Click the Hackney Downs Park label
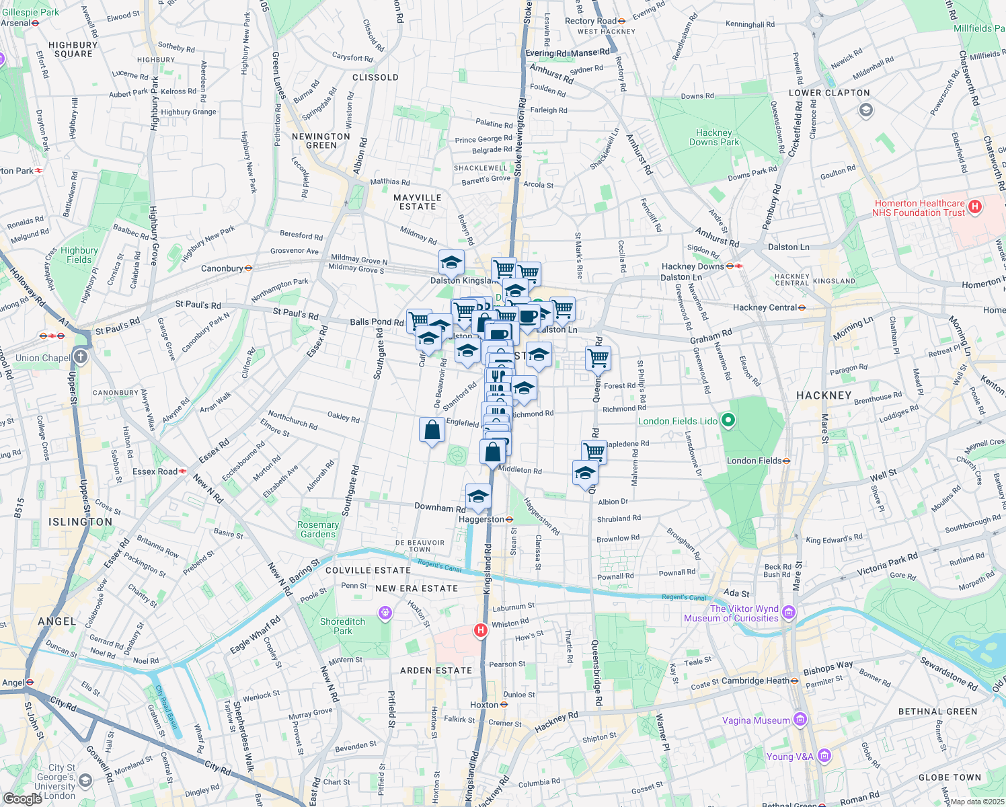point(713,137)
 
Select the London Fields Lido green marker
point(728,421)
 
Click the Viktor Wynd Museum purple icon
point(789,613)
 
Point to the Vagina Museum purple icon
point(800,720)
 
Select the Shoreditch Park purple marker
point(385,613)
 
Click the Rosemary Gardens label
point(318,529)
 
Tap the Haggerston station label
point(481,519)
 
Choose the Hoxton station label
point(484,705)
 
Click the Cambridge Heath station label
point(755,681)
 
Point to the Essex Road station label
point(155,471)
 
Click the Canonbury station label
point(222,268)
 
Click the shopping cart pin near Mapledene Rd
point(594,451)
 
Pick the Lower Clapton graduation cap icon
point(865,110)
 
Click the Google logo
point(22,799)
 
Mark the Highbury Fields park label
point(79,255)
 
